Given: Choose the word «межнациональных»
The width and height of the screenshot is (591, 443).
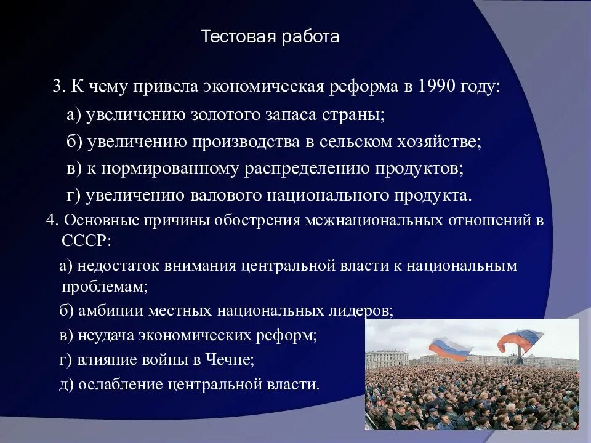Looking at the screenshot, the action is point(374,220).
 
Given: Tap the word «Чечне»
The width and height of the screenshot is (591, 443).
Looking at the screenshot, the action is point(230,360).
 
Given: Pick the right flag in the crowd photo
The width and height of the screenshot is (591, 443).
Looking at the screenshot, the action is point(521,340).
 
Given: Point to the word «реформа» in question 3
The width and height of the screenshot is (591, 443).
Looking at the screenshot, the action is point(363,87).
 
